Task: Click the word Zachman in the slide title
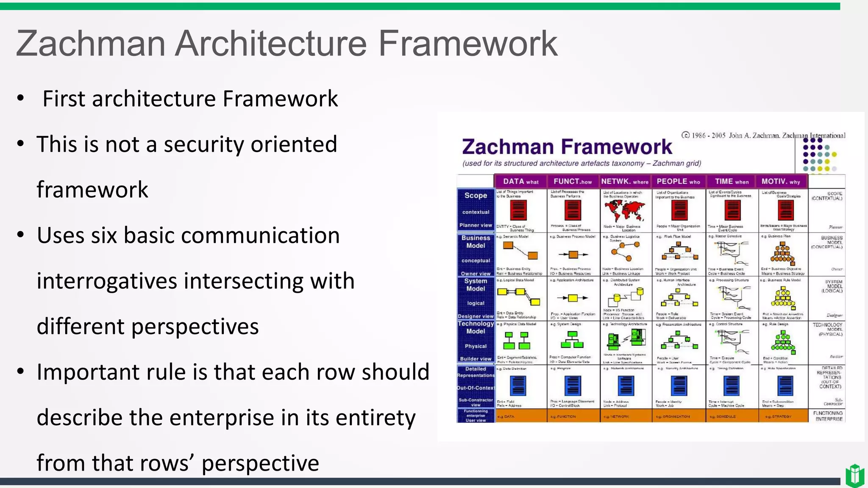tap(90, 44)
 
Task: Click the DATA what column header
tap(520, 181)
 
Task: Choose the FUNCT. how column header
tap(573, 181)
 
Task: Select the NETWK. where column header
tap(625, 181)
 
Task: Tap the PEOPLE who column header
tap(678, 181)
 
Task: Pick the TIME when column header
tap(732, 181)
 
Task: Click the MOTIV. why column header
tap(781, 181)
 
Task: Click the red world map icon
tap(625, 210)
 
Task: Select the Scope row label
tap(476, 195)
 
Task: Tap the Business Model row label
tap(476, 242)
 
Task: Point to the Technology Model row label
tap(476, 327)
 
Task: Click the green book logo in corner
tap(854, 475)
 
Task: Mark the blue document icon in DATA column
tap(518, 386)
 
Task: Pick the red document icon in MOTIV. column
tap(785, 210)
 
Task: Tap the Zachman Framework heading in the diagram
tap(567, 147)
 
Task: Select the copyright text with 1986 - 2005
tap(763, 136)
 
